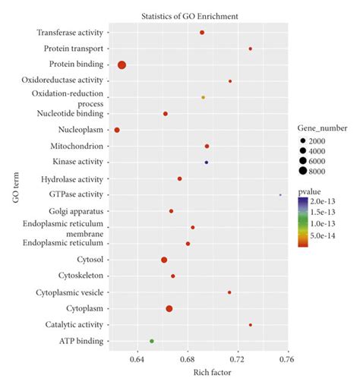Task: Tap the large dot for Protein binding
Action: (x=122, y=65)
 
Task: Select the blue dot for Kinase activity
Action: (x=207, y=162)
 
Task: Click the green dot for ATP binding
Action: (x=152, y=342)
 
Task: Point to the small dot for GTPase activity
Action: (x=280, y=195)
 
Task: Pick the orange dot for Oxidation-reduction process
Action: (x=203, y=98)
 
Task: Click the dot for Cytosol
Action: (x=164, y=260)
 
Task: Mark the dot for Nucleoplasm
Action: (x=117, y=131)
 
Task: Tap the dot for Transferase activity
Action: (x=202, y=33)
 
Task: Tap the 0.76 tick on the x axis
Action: (x=286, y=358)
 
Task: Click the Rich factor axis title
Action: (x=212, y=372)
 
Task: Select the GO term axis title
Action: (x=16, y=188)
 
